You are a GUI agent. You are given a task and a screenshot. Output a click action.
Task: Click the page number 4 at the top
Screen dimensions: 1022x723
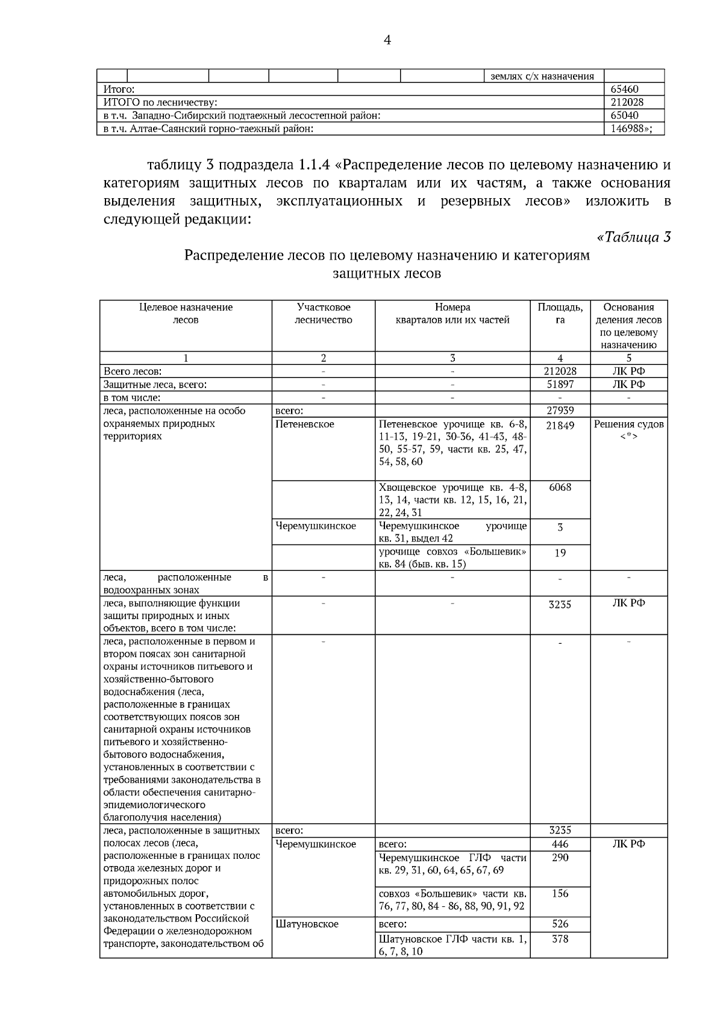[387, 40]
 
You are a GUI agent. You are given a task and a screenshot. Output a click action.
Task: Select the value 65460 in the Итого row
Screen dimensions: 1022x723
[624, 89]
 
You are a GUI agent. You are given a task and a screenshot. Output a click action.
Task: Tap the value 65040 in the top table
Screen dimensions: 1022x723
[624, 115]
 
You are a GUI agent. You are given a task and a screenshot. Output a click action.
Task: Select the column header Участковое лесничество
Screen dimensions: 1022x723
[323, 314]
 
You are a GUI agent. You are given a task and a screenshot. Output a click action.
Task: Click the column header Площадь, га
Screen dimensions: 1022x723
[560, 314]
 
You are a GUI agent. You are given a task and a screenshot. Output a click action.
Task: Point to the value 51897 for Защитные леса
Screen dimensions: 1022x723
[560, 384]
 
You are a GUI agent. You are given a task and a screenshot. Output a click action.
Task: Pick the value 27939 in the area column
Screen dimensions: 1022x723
[560, 410]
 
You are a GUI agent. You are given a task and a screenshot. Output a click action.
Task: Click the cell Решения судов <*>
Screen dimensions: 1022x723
[628, 430]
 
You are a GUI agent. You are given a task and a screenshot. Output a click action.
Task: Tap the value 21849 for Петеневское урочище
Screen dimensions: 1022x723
[560, 425]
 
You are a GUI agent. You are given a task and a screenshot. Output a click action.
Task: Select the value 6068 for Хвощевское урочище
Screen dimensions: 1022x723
[560, 487]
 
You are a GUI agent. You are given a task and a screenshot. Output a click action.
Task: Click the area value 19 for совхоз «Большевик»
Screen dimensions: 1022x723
[560, 552]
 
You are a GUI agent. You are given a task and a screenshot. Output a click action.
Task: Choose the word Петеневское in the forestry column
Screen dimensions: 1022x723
[304, 424]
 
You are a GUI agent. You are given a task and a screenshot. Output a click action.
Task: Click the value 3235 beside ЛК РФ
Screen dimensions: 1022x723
[560, 604]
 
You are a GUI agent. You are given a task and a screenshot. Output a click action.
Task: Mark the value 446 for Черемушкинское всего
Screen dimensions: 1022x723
[560, 844]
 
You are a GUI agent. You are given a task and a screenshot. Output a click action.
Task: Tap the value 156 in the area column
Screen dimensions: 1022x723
[560, 894]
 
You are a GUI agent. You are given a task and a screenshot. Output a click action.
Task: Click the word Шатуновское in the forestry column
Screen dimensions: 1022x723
[307, 924]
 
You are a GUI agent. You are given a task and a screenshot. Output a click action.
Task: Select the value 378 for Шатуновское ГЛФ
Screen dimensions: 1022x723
[560, 938]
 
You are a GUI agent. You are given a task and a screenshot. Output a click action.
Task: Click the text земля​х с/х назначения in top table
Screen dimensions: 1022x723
[542, 76]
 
